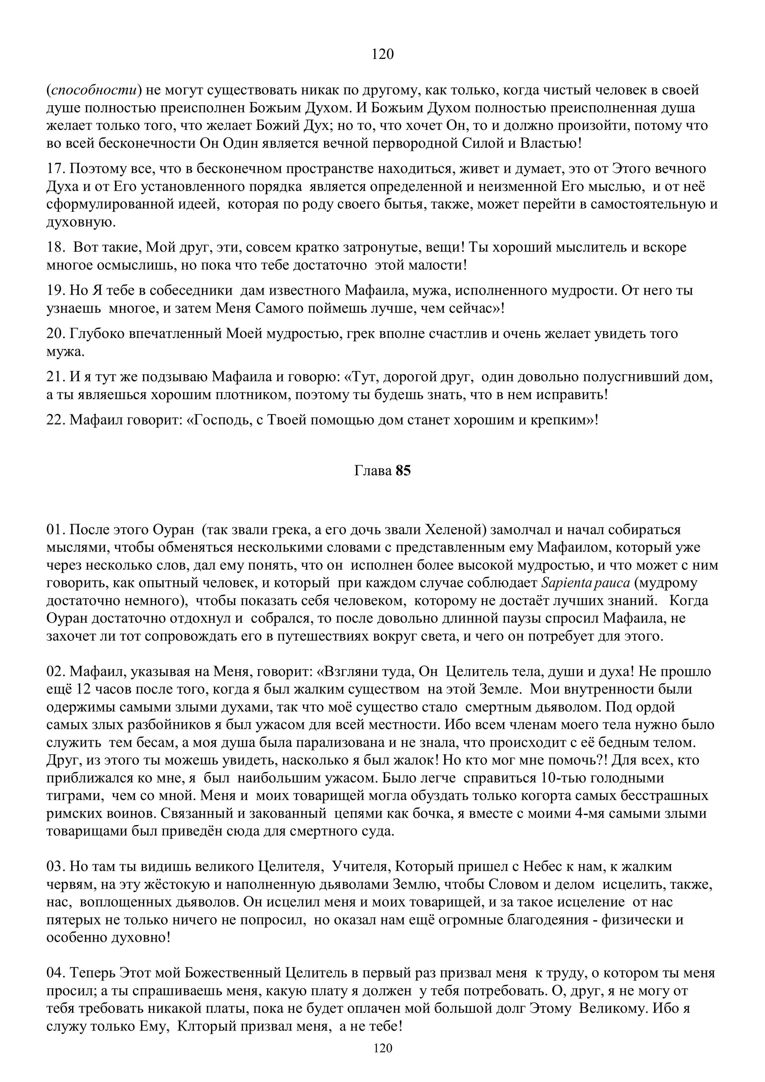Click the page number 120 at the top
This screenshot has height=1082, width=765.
382,55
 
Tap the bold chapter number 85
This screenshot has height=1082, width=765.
403,471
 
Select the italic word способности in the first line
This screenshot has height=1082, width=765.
94,90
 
